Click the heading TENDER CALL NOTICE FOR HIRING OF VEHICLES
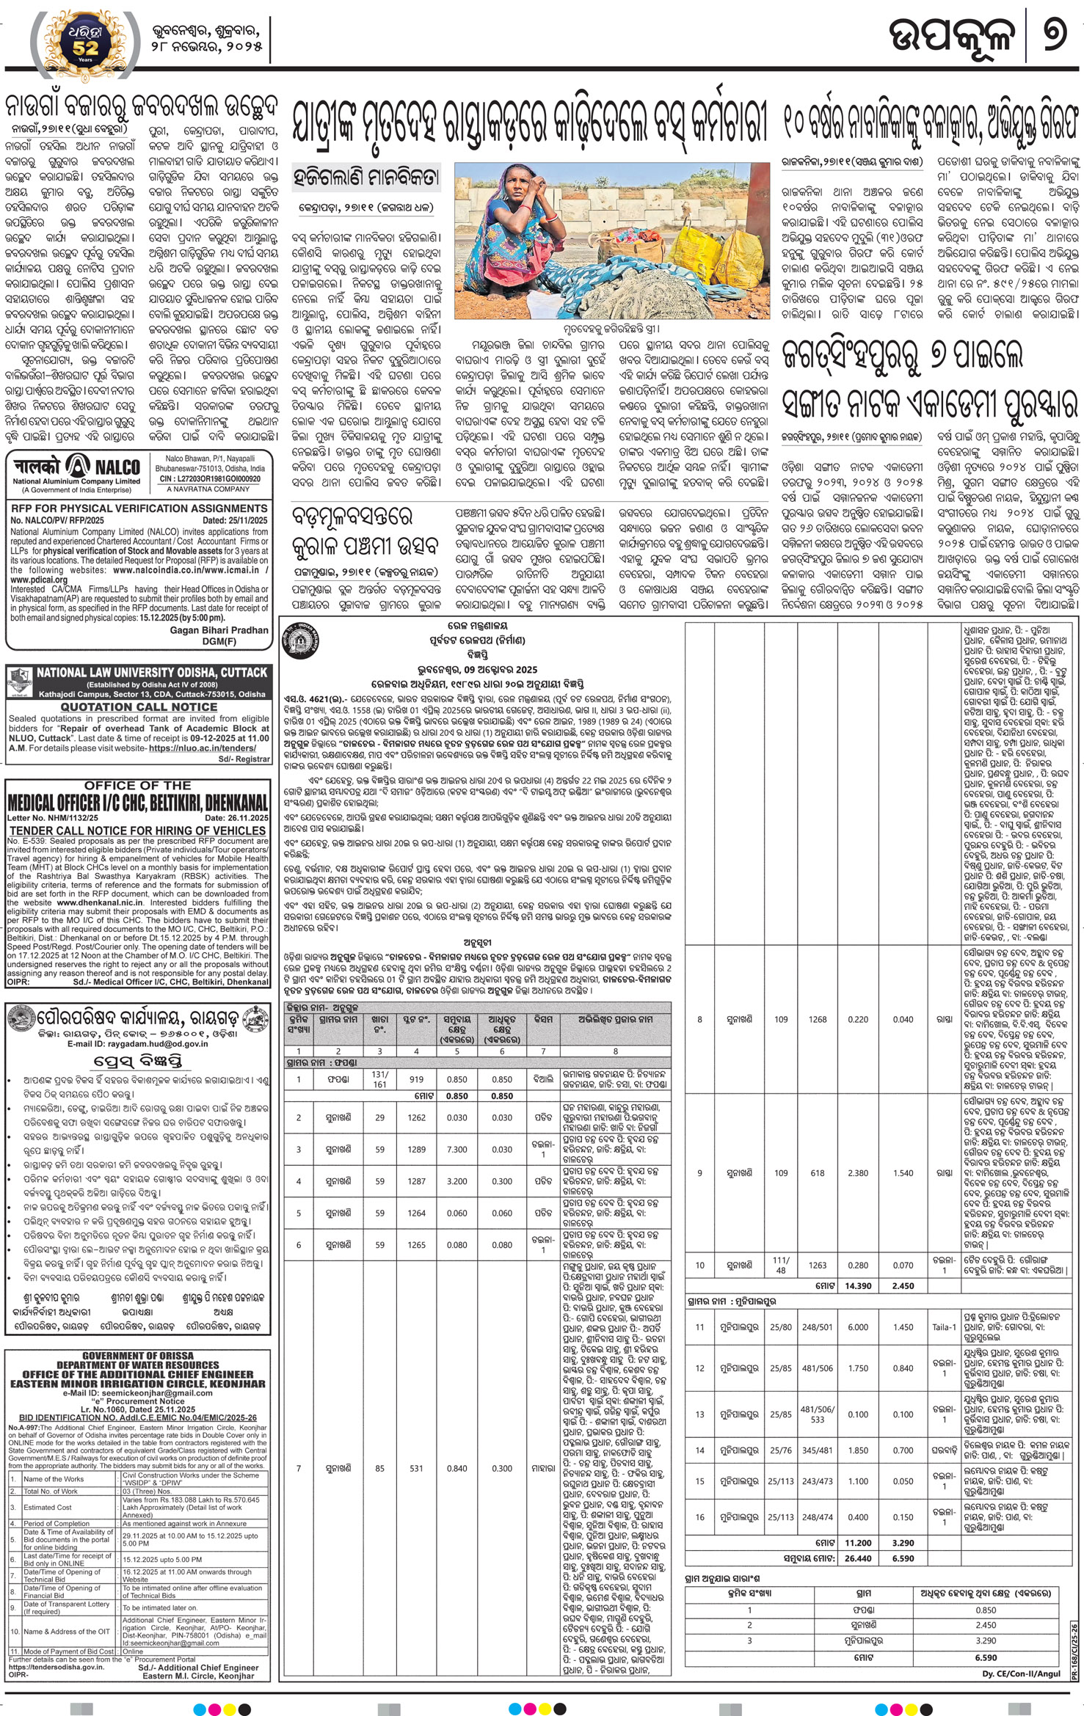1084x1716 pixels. (x=137, y=830)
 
